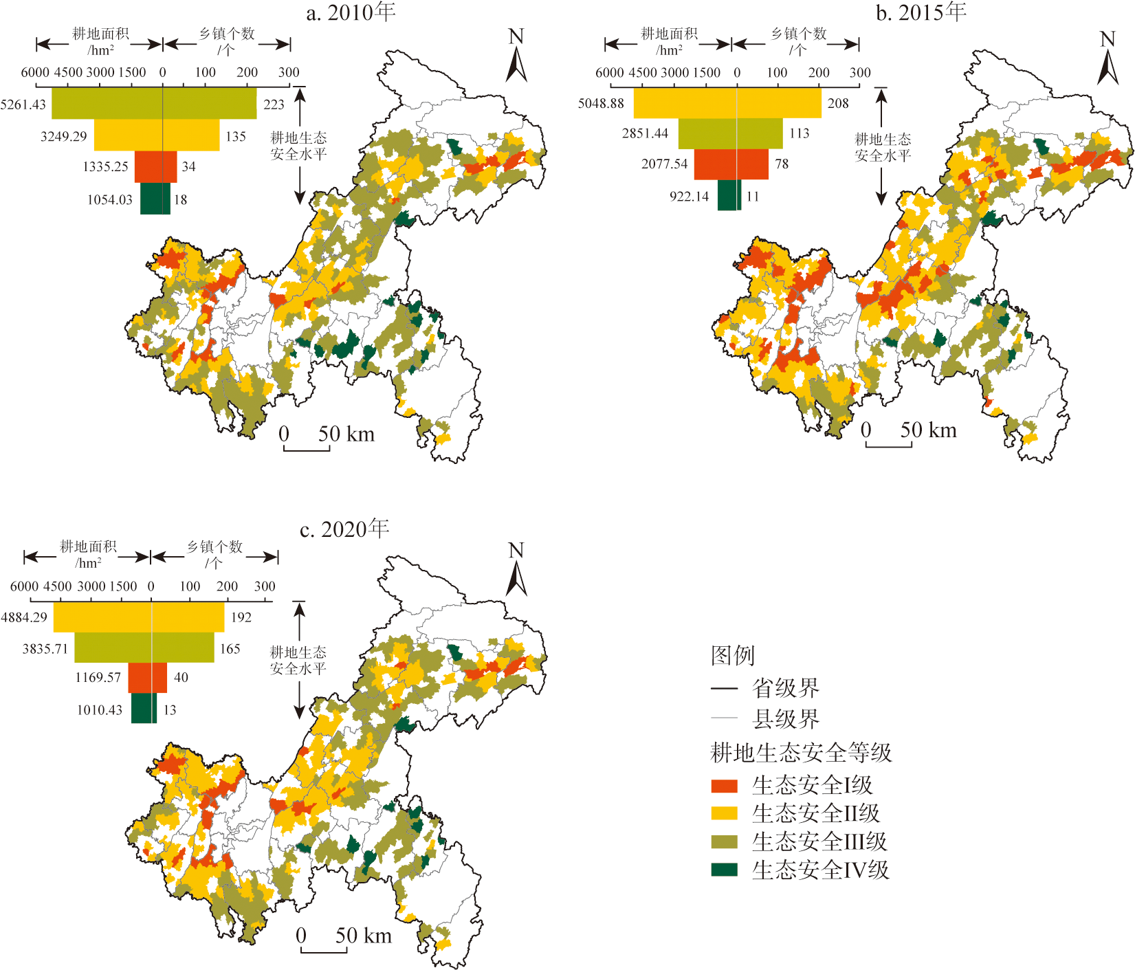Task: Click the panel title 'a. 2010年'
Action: click(x=351, y=12)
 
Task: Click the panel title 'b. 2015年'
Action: click(x=921, y=12)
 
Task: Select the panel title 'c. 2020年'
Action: click(x=344, y=529)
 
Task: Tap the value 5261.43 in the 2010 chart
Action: click(x=23, y=104)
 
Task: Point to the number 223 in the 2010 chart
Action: click(x=274, y=104)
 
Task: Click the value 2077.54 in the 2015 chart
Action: click(x=664, y=164)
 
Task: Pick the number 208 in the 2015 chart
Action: click(x=838, y=103)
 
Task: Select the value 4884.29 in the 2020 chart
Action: click(x=24, y=617)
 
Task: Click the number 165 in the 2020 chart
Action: click(x=230, y=649)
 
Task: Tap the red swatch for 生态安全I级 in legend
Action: click(x=724, y=786)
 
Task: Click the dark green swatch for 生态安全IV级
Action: click(x=724, y=870)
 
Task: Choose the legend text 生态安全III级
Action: click(x=819, y=841)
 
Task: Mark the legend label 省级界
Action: click(x=785, y=687)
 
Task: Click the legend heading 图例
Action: click(x=733, y=655)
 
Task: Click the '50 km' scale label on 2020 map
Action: click(x=363, y=936)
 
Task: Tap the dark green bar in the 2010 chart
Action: click(x=155, y=199)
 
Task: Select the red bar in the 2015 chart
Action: click(x=731, y=164)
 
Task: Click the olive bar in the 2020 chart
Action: click(x=144, y=648)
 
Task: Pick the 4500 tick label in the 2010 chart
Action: click(x=68, y=72)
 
